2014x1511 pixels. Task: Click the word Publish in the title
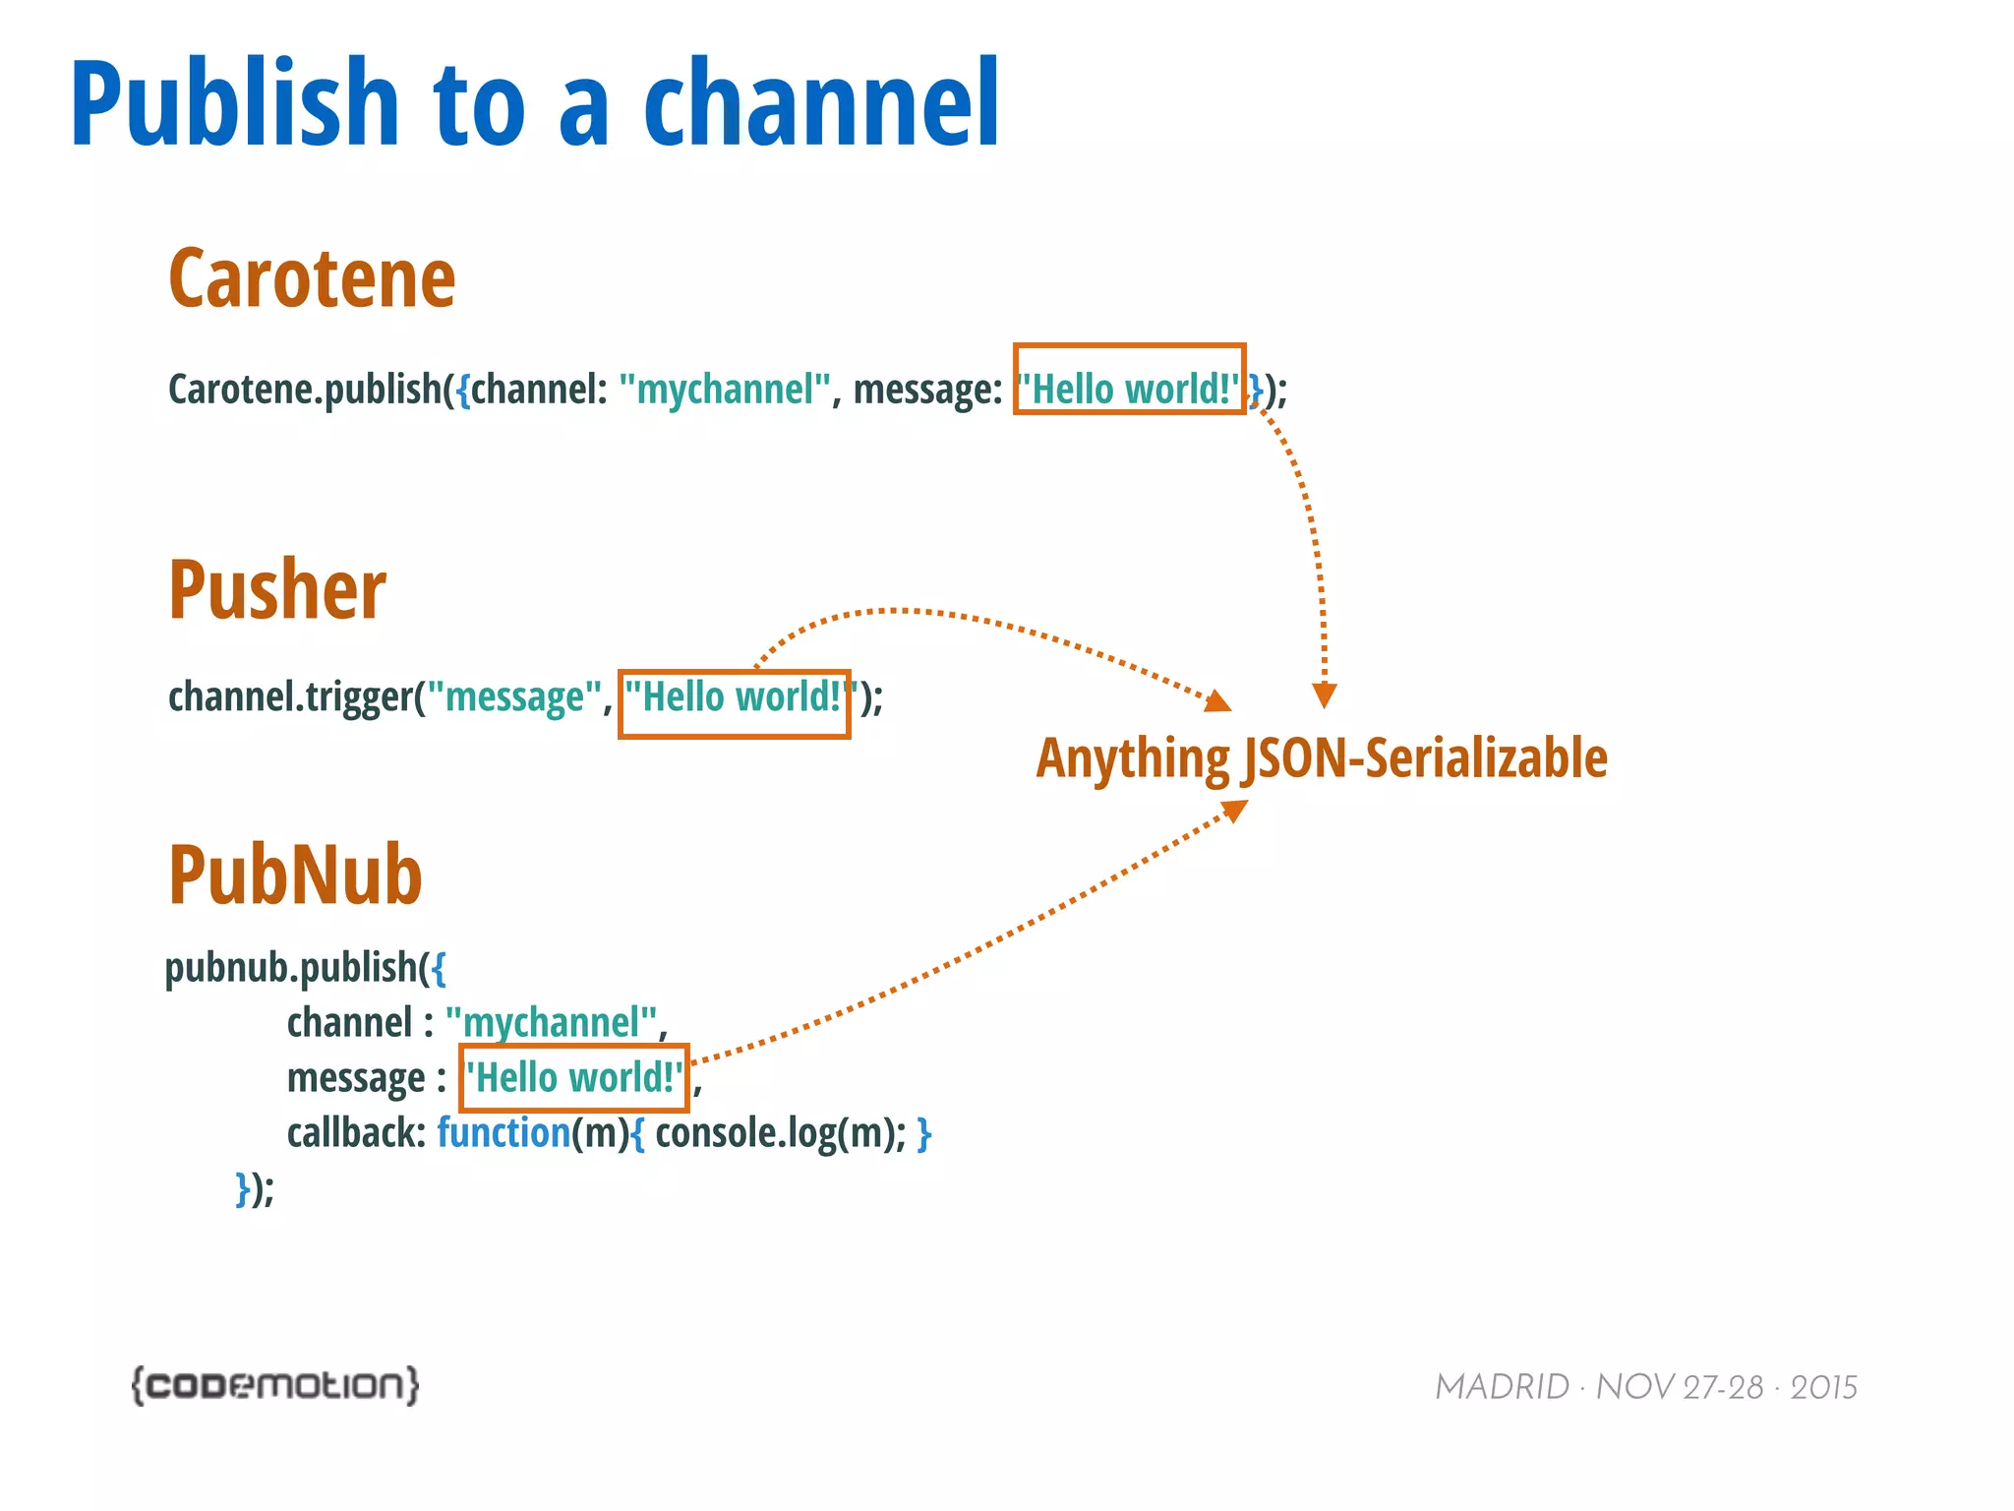[x=234, y=103]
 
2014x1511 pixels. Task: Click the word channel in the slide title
[x=821, y=103]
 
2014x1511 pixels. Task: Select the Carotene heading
[x=312, y=279]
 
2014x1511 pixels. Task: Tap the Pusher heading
[x=277, y=590]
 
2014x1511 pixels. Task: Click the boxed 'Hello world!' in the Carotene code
[x=1129, y=390]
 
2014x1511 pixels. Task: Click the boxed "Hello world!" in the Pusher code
[x=734, y=697]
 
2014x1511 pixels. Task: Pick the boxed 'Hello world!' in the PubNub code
[x=573, y=1078]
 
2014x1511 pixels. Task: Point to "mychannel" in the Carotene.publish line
[x=725, y=390]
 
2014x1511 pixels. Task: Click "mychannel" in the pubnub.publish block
[x=551, y=1023]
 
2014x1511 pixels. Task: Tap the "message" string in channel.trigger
[x=513, y=697]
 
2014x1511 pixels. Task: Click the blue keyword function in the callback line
[x=503, y=1133]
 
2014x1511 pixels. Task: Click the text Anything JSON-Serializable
[x=1321, y=758]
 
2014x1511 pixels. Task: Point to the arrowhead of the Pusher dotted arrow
[x=1219, y=701]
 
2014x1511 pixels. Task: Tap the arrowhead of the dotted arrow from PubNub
[x=1235, y=811]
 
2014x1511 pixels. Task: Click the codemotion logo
[x=275, y=1385]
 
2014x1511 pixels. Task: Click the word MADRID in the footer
[x=1502, y=1387]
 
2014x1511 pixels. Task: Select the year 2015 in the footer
[x=1823, y=1387]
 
